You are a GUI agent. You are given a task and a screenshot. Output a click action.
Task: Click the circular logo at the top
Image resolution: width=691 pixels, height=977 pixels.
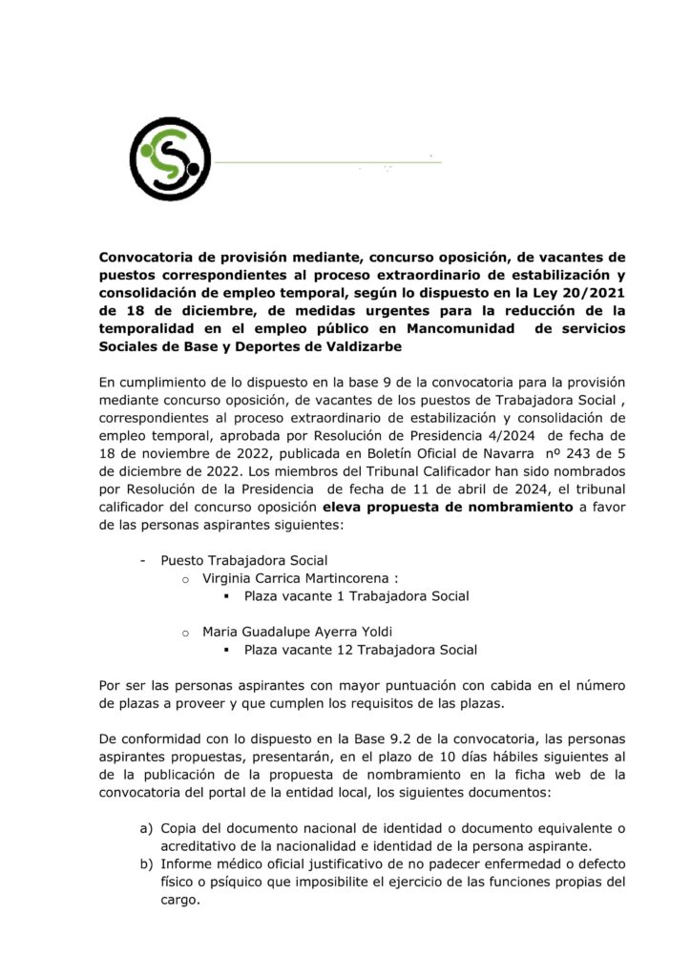pyautogui.click(x=170, y=153)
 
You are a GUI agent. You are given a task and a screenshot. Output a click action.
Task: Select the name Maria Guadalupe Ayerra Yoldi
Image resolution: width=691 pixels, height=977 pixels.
pyautogui.click(x=298, y=631)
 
